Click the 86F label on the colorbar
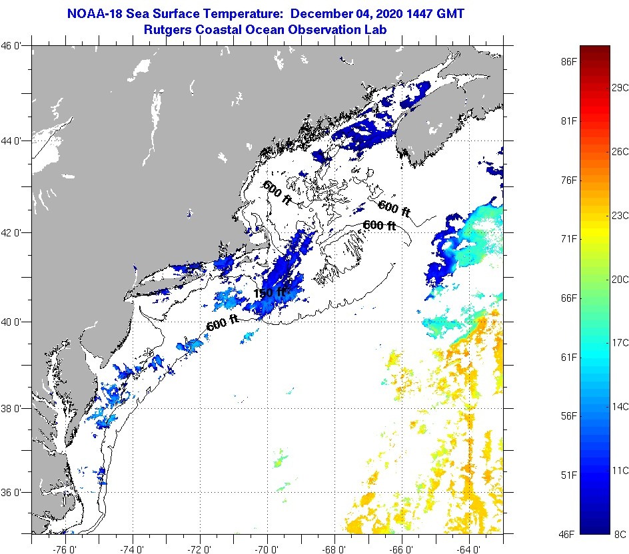568,62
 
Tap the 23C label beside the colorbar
620,215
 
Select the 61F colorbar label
568,358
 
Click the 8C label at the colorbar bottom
620,534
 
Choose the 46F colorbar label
568,534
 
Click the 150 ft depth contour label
269,292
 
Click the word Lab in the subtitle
376,29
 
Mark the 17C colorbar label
620,342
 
